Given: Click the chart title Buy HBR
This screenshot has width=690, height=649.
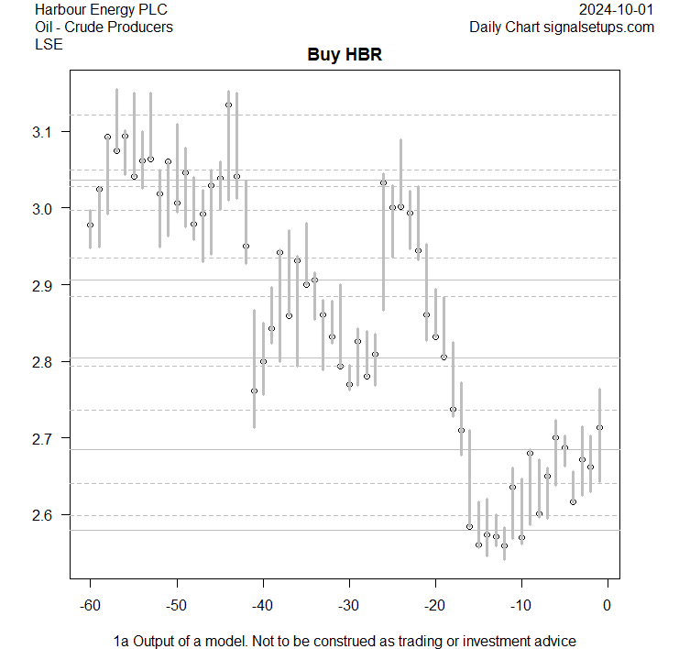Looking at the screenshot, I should pyautogui.click(x=344, y=55).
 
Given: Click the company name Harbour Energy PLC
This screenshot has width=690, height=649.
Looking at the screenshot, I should pyautogui.click(x=101, y=10).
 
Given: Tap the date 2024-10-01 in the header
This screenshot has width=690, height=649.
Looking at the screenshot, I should pyautogui.click(x=617, y=10).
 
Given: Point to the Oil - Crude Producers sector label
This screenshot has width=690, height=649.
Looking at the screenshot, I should pyautogui.click(x=104, y=27).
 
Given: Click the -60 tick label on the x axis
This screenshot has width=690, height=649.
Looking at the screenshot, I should pyautogui.click(x=90, y=604).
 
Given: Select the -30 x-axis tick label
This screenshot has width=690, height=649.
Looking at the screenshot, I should pyautogui.click(x=349, y=604).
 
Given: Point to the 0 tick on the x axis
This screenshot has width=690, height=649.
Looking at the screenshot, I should pyautogui.click(x=608, y=604).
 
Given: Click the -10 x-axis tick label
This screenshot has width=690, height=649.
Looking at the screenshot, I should pyautogui.click(x=521, y=604).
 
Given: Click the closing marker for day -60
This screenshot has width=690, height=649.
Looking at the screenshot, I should pyautogui.click(x=90, y=225).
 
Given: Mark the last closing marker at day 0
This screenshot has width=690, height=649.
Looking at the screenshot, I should pyautogui.click(x=599, y=427).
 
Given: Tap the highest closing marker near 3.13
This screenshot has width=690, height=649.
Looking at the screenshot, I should pyautogui.click(x=228, y=104).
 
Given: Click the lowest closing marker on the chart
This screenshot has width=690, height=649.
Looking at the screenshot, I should pyautogui.click(x=504, y=545).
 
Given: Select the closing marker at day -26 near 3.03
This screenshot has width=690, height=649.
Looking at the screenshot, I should pyautogui.click(x=383, y=182).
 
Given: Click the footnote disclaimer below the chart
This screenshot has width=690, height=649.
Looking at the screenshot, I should pyautogui.click(x=345, y=640).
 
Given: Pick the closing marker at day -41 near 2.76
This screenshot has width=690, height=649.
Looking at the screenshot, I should pyautogui.click(x=254, y=390).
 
